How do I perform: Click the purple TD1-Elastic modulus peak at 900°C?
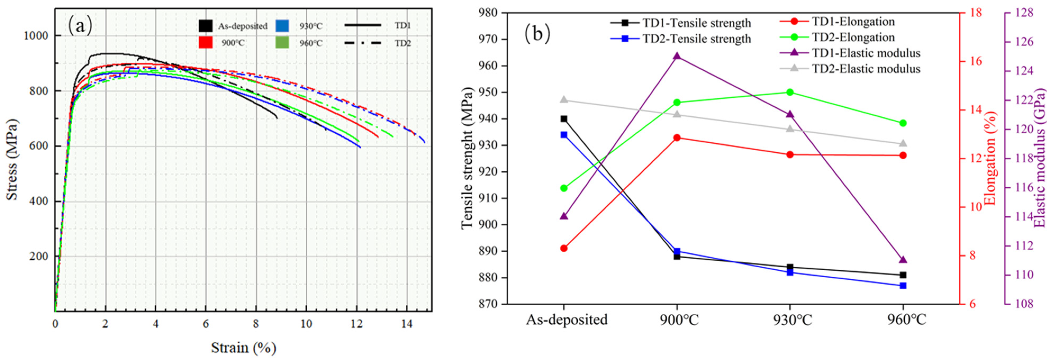[x=677, y=56]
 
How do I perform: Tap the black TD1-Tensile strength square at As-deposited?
[x=564, y=119]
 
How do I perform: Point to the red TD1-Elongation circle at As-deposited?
[x=564, y=248]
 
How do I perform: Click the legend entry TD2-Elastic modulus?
[x=866, y=69]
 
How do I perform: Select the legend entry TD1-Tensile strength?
[x=696, y=23]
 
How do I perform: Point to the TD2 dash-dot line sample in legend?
[x=363, y=43]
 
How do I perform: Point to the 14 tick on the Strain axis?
[x=407, y=324]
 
